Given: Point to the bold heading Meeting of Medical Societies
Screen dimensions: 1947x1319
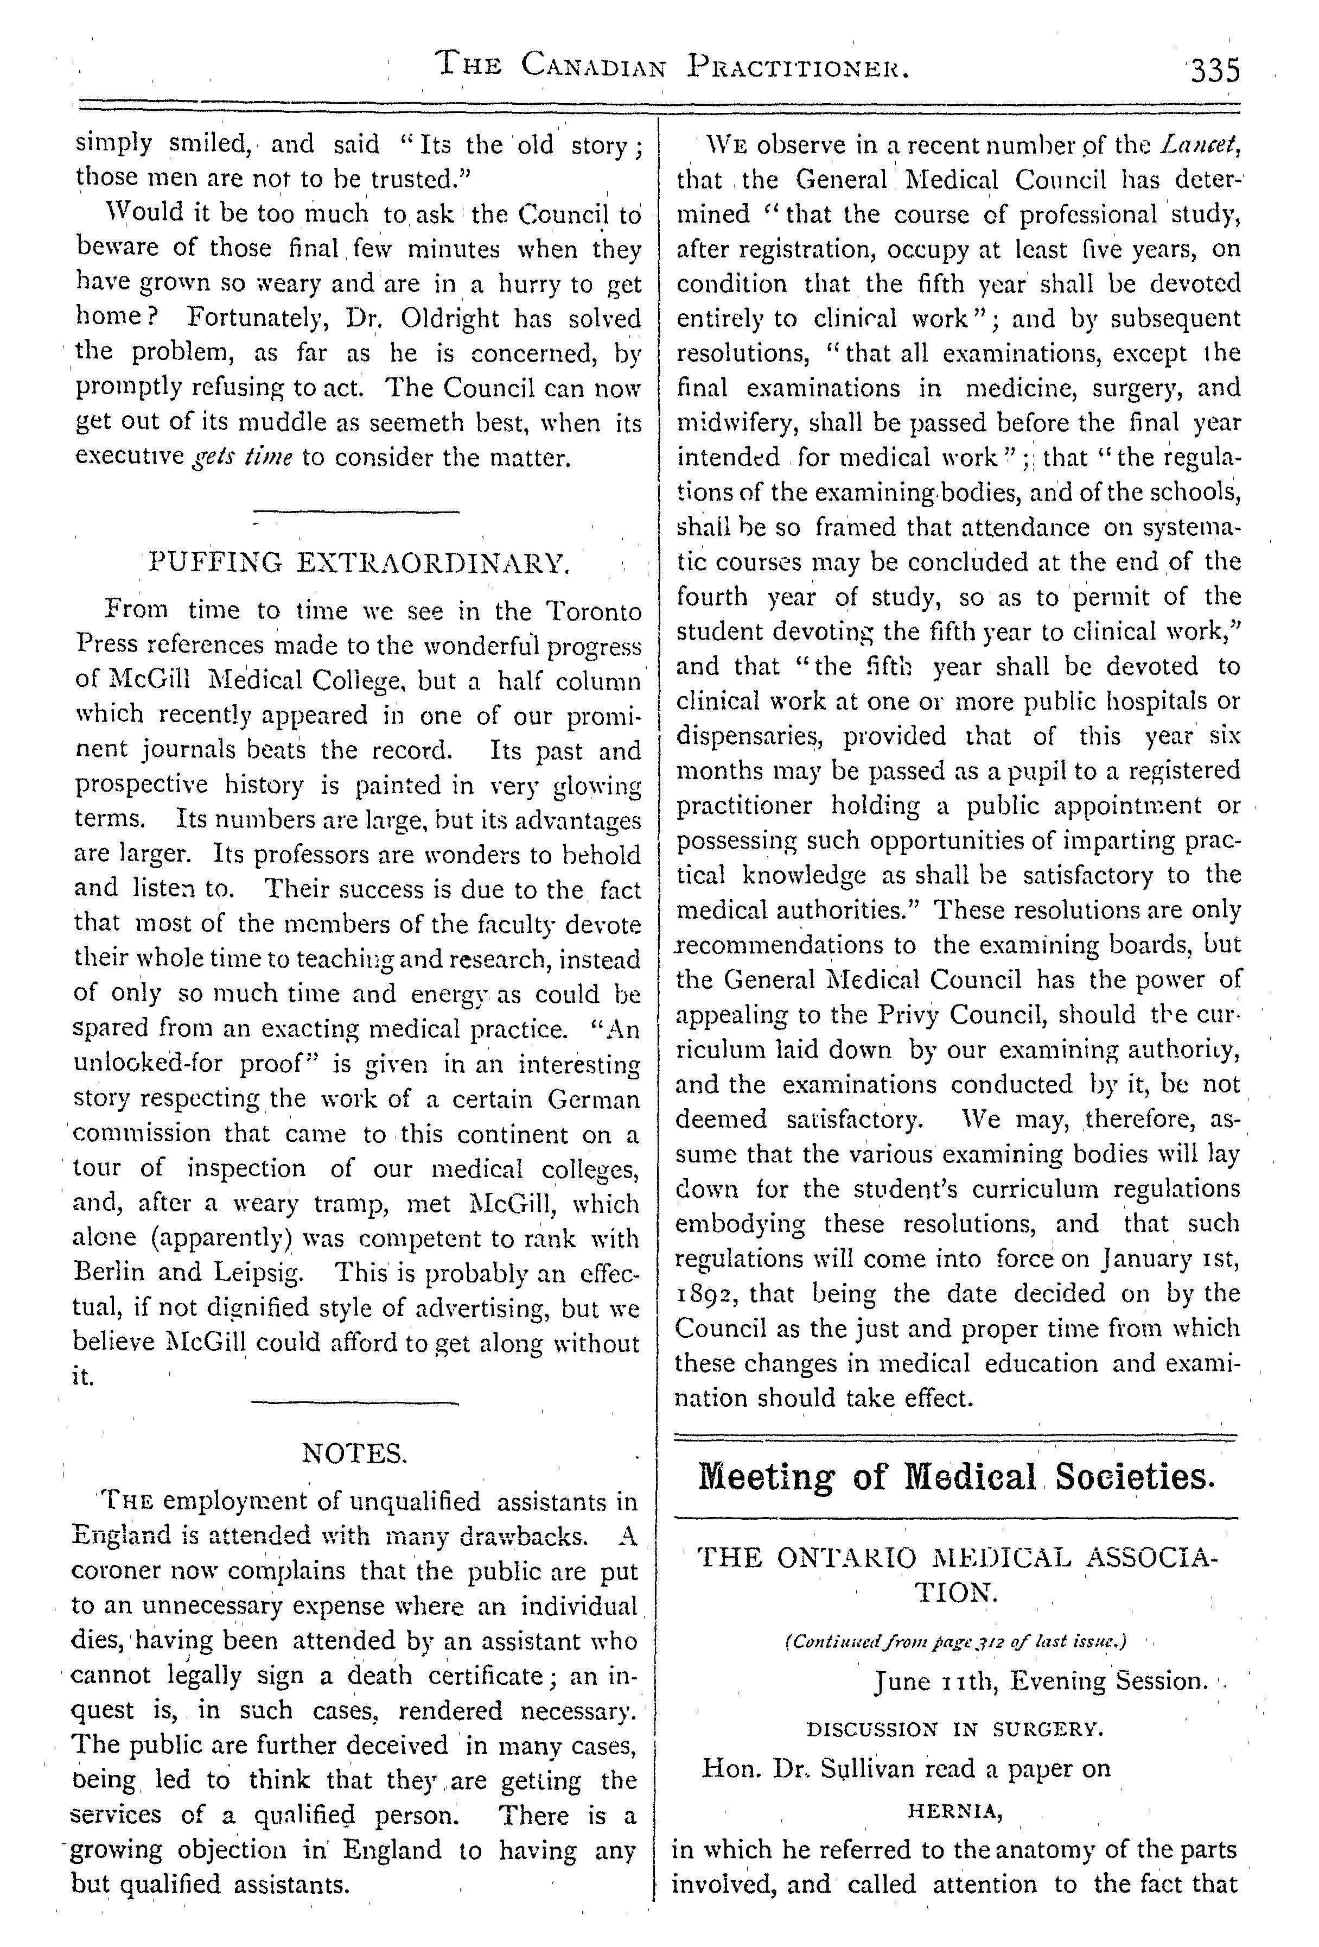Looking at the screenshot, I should click(x=955, y=1477).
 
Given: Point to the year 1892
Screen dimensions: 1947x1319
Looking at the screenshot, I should click(x=707, y=1293).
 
